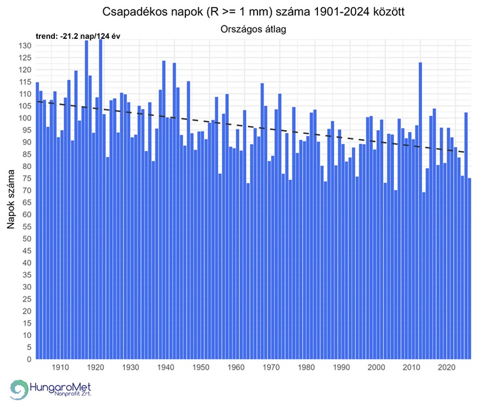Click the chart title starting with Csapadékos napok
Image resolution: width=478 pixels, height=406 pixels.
[252, 13]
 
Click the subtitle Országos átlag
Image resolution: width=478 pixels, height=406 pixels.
[252, 29]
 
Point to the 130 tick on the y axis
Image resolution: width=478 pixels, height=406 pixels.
[25, 46]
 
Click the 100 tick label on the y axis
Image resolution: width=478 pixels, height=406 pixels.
[25, 118]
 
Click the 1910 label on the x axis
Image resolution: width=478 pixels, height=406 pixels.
[60, 368]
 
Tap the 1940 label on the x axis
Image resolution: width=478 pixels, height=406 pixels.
[165, 368]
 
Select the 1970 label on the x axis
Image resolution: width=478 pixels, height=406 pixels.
[271, 368]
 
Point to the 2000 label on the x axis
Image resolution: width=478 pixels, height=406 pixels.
[377, 368]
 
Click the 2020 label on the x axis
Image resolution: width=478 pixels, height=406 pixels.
[447, 368]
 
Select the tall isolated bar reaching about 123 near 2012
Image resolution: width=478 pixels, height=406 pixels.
[420, 210]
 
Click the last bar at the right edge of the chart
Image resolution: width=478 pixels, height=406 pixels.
[470, 268]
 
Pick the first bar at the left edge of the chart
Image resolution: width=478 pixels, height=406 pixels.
[37, 221]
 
